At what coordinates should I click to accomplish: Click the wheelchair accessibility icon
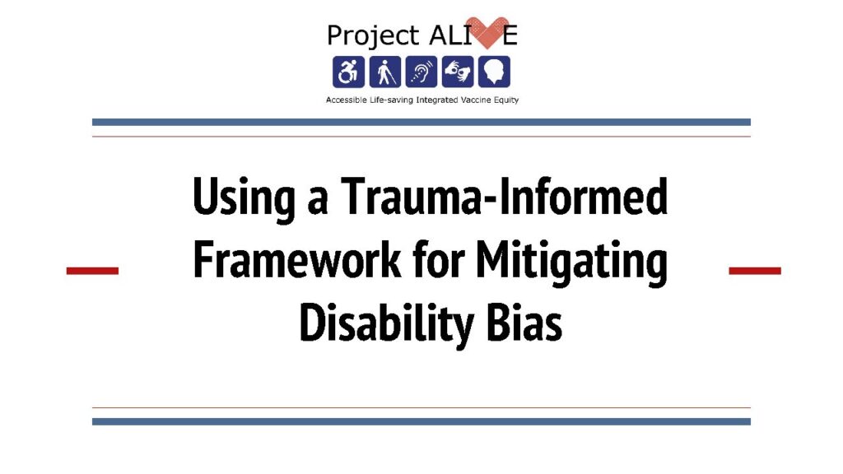pos(348,72)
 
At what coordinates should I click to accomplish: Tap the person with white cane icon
pos(385,72)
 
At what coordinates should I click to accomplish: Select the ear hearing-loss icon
pos(421,72)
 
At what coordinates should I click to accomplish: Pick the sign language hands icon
pos(458,72)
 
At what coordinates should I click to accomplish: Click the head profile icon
pos(495,72)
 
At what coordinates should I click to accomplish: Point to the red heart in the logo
pos(487,32)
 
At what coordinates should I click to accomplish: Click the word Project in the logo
pos(373,36)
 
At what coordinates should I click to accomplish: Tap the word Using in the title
pos(244,198)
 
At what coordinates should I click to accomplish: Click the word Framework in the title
pos(297,259)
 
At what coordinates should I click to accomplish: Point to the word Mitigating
pos(571,262)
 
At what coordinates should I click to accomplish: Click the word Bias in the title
pos(524,323)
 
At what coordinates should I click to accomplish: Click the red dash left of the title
pos(92,271)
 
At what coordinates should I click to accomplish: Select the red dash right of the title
pos(755,271)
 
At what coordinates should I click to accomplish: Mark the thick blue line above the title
pos(421,122)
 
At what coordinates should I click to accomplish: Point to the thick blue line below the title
pos(421,422)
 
